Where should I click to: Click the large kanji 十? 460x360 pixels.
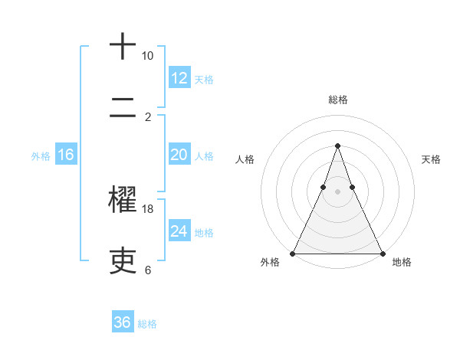123,47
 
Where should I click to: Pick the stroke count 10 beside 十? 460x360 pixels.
148,56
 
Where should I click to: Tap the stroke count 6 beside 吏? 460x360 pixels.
148,270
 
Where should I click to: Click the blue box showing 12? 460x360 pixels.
179,78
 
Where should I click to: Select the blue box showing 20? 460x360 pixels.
179,155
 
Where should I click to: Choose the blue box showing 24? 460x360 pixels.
179,231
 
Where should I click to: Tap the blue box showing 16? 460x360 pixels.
66,155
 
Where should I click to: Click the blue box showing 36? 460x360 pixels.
123,322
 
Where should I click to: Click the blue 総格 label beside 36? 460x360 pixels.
148,324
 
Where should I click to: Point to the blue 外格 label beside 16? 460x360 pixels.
41,156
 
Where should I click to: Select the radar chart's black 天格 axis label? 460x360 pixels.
431,159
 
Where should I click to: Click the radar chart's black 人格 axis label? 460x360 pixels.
245,159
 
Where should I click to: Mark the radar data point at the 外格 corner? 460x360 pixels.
293,253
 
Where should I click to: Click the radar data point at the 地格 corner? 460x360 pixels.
382,253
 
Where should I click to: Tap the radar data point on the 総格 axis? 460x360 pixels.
337,146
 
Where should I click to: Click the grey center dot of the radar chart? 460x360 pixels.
337,191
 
